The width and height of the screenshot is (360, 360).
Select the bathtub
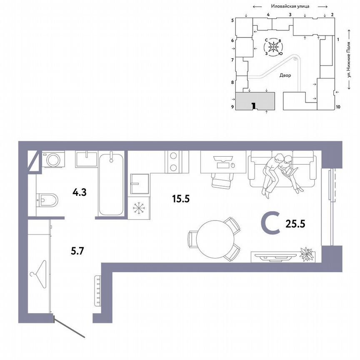click(111, 184)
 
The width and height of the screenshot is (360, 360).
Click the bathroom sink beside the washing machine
click(86, 159)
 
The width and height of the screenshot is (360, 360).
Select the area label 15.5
click(181, 199)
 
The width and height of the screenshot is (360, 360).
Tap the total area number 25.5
click(296, 224)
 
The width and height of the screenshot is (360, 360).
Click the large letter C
click(269, 222)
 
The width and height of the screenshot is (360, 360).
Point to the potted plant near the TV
click(307, 252)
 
